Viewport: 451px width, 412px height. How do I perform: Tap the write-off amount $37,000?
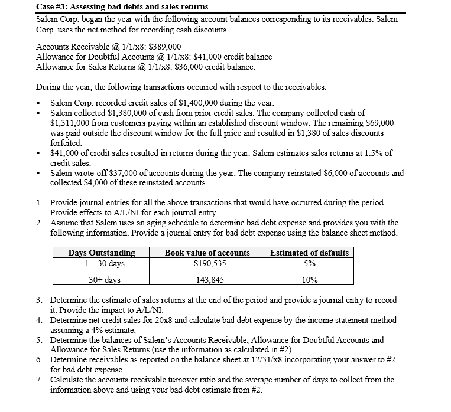pos(119,173)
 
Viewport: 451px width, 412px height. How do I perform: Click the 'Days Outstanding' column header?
pos(102,253)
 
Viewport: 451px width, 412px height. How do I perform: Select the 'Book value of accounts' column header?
pos(207,253)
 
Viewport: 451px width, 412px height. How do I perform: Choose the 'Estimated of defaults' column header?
pos(309,253)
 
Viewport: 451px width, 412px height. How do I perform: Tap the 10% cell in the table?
pos(309,280)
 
